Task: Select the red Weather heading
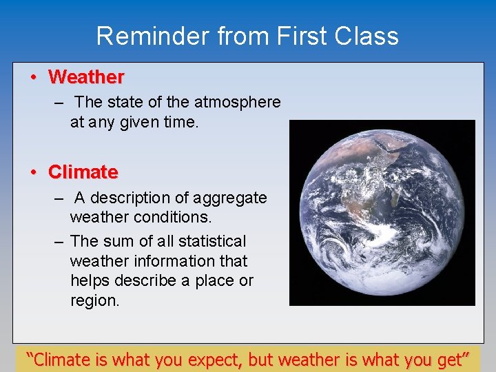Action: pyautogui.click(x=86, y=76)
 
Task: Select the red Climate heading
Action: pyautogui.click(x=83, y=172)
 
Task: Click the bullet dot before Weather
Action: pyautogui.click(x=33, y=76)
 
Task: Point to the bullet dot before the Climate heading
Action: pyautogui.click(x=33, y=172)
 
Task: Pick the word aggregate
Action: pyautogui.click(x=231, y=198)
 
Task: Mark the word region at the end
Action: pyautogui.click(x=94, y=301)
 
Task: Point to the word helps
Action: pyautogui.click(x=91, y=281)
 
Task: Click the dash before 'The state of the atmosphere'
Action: pyautogui.click(x=60, y=102)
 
